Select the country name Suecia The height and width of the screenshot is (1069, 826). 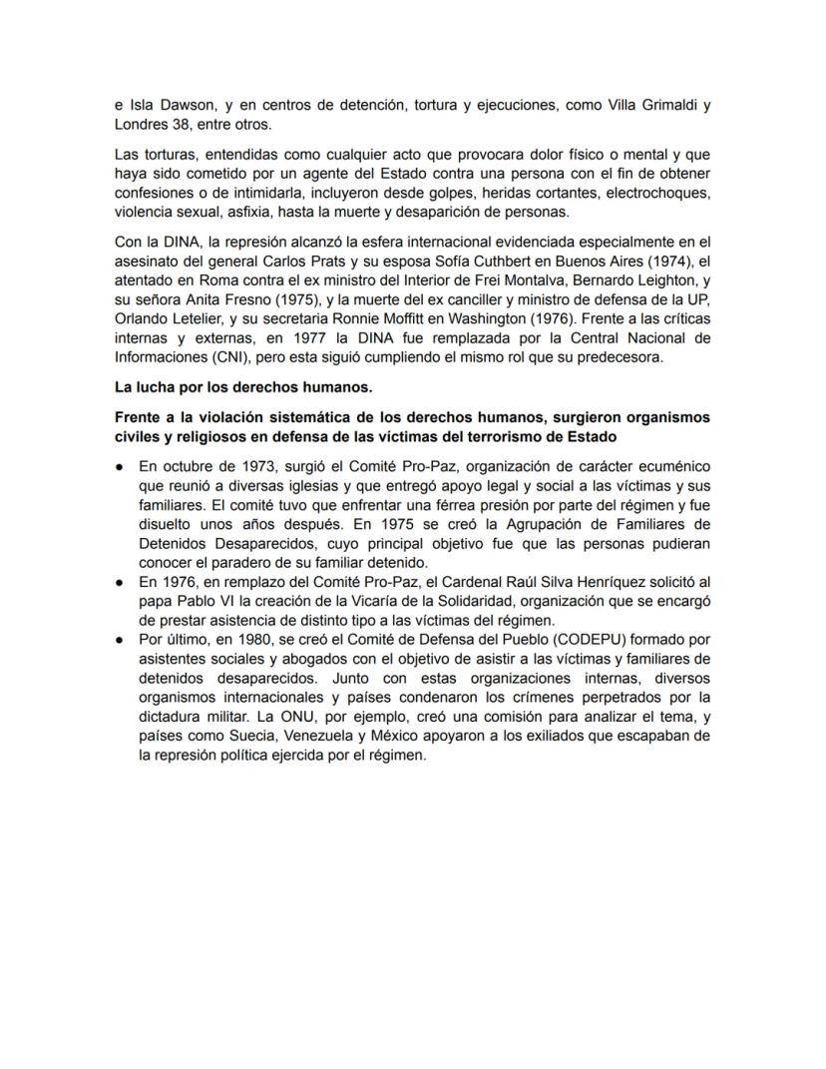click(x=251, y=738)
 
